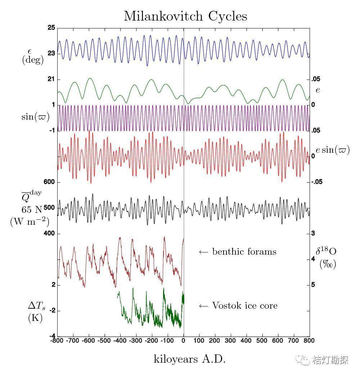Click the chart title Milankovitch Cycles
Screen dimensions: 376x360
pos(185,16)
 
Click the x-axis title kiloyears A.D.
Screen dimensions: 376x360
pos(190,359)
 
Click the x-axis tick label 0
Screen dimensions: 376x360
pos(184,340)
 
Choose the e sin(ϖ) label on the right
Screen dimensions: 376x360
pos(333,150)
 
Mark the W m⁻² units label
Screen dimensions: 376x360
pos(30,221)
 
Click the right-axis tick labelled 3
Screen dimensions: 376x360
pos(313,233)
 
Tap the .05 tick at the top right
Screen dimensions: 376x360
pos(315,79)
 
